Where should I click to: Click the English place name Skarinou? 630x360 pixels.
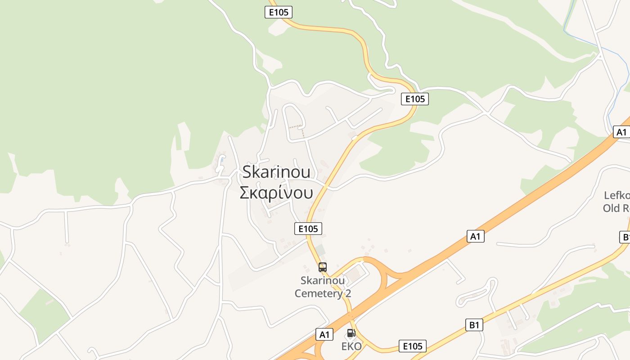tap(276, 172)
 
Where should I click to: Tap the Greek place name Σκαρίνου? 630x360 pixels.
tap(276, 193)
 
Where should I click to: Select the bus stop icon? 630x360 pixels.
tap(323, 267)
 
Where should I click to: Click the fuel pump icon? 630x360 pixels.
tap(351, 333)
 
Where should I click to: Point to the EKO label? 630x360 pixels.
tap(351, 346)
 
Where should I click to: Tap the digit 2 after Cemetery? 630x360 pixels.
tap(347, 293)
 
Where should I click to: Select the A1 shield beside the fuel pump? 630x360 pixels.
tap(324, 334)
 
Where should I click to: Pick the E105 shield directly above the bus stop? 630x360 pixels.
tap(309, 229)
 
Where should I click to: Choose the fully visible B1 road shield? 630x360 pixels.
tap(473, 325)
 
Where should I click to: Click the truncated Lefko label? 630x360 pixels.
tap(616, 195)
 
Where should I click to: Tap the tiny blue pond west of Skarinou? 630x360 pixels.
tap(222, 160)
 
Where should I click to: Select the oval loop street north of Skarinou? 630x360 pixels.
tap(294, 119)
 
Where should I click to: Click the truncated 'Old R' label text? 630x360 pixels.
tap(616, 208)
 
